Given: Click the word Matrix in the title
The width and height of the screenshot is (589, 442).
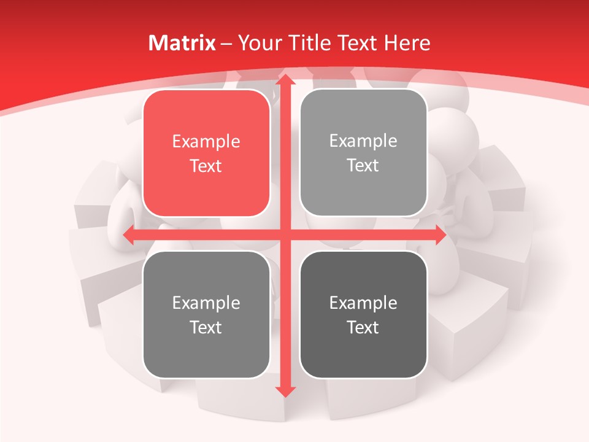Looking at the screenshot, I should (182, 43).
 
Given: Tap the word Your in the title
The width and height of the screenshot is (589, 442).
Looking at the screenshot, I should (258, 43).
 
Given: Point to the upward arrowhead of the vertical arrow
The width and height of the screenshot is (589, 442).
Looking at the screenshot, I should (285, 80).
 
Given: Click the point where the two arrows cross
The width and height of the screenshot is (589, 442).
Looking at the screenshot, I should (285, 235).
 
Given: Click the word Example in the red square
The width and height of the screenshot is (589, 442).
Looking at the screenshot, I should (206, 142).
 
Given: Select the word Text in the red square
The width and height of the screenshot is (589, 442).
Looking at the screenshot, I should (206, 166).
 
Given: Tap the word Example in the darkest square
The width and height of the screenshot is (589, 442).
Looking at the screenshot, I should (363, 303).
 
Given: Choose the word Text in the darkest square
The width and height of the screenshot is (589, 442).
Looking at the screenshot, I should (363, 327).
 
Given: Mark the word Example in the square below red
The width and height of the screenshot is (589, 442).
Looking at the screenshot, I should (206, 303).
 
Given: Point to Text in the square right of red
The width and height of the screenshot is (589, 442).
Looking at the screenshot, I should (363, 166).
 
